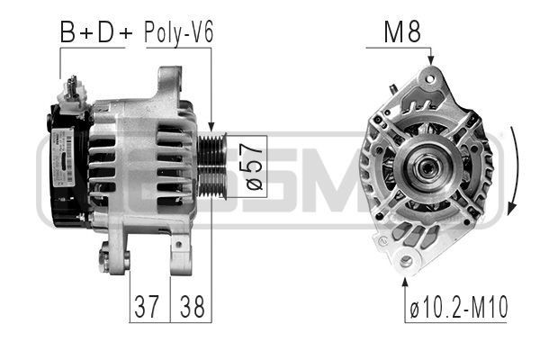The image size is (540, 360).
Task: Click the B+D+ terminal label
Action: point(95,33)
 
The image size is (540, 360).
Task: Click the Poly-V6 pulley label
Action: point(180,33)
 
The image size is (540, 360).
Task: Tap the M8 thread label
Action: point(401,33)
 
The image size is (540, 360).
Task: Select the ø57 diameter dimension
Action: point(254,166)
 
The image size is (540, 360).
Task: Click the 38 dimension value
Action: point(191,307)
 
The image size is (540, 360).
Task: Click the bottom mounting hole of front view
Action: point(406,261)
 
